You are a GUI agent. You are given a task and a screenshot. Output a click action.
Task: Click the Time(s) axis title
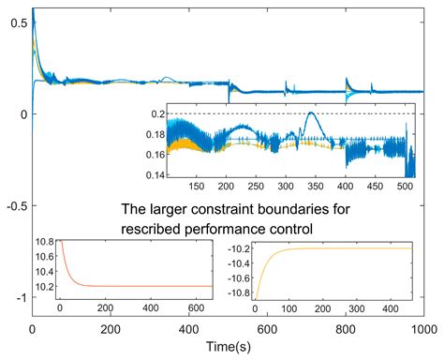pyautogui.click(x=228, y=348)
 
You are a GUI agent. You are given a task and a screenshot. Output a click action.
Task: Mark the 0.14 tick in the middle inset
pyautogui.click(x=150, y=175)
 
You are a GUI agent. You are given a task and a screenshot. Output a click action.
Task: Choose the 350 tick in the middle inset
pyautogui.click(x=324, y=187)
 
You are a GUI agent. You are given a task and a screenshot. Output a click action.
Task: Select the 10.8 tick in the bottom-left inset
pyautogui.click(x=43, y=243)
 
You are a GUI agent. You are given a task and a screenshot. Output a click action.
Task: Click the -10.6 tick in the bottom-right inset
pyautogui.click(x=240, y=281)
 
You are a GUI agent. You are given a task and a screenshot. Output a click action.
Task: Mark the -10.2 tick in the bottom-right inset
pyautogui.click(x=240, y=249)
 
